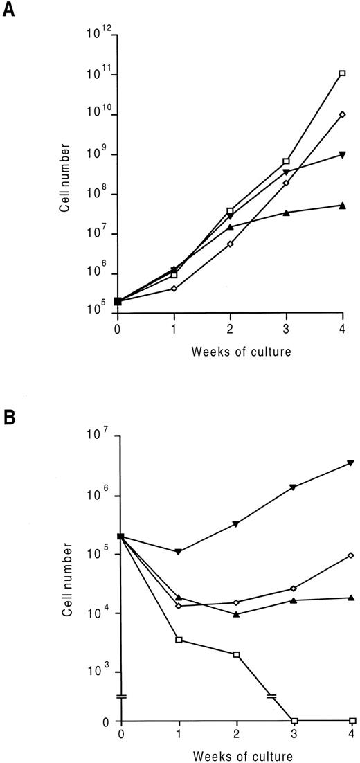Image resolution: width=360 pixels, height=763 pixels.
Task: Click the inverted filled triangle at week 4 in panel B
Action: (x=351, y=463)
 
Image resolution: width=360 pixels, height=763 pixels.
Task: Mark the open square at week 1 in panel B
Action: (x=179, y=640)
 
